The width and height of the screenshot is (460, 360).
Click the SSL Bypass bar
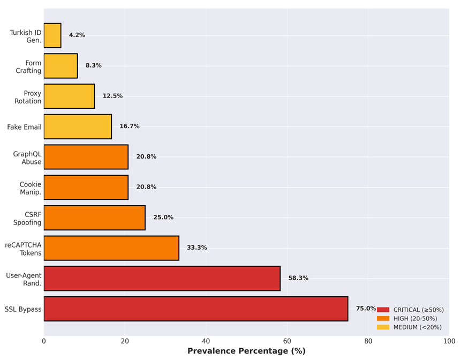click(195, 309)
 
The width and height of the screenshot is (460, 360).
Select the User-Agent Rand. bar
click(162, 279)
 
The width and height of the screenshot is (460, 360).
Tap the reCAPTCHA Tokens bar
click(111, 248)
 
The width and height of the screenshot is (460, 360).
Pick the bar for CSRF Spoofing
click(94, 217)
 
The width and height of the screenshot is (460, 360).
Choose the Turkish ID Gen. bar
click(52, 35)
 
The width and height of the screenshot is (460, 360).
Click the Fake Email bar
click(78, 126)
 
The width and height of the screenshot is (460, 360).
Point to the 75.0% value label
click(366, 309)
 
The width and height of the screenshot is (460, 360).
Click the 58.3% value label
click(298, 279)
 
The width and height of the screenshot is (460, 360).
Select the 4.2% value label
click(77, 35)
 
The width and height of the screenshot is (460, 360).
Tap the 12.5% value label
click(112, 96)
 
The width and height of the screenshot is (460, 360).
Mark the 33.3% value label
click(197, 248)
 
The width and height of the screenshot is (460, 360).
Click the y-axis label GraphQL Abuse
click(27, 157)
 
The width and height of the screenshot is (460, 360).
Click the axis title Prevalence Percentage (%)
click(246, 351)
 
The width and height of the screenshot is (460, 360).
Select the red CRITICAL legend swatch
click(383, 310)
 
